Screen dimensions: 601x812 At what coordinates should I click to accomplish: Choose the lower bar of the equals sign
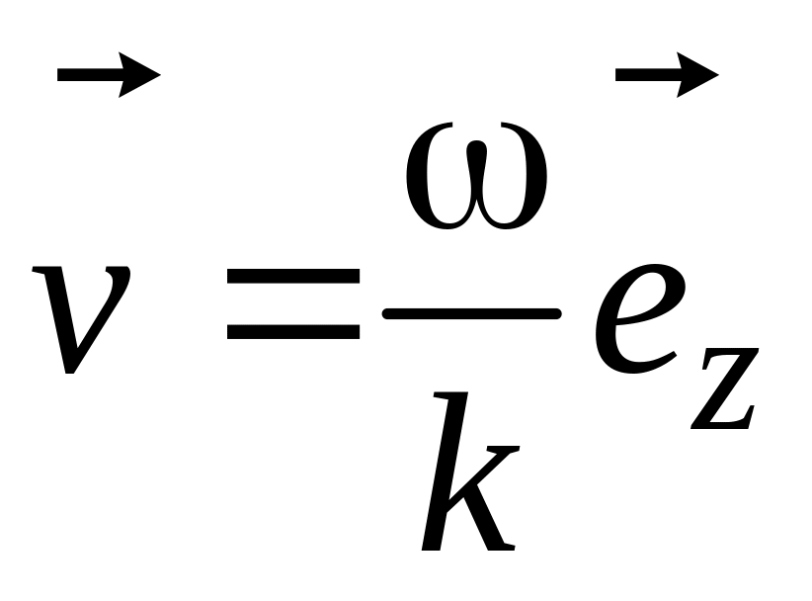tap(292, 333)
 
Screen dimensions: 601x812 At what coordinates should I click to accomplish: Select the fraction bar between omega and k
tap(472, 313)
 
